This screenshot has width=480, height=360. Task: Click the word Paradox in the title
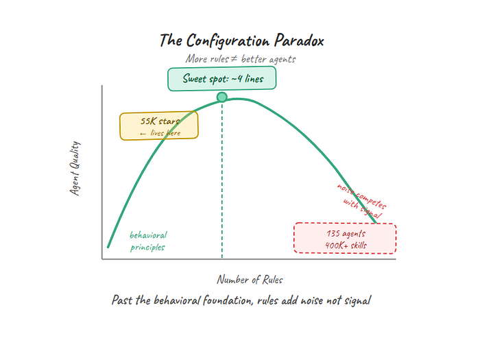tap(299, 40)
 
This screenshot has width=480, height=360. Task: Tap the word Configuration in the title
tap(228, 41)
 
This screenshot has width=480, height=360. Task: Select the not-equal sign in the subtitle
tap(234, 58)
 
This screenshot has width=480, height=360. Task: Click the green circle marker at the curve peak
tap(222, 97)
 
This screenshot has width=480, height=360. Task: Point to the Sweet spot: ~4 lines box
tap(222, 79)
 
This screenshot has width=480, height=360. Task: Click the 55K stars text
tap(160, 121)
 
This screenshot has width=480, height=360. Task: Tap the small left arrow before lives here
tap(143, 134)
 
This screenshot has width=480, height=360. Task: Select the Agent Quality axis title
tap(75, 168)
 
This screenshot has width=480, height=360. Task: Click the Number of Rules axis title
tap(250, 280)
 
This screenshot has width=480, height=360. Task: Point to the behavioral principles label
tap(148, 241)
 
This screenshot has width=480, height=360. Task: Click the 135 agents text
tap(346, 234)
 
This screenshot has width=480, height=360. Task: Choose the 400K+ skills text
tap(346, 245)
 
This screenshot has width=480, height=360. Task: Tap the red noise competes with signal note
tap(362, 200)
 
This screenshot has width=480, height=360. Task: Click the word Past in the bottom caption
tap(123, 300)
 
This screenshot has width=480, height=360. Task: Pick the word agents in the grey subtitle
tap(283, 60)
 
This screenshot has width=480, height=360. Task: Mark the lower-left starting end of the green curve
tap(108, 247)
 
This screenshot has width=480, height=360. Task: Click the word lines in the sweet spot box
tap(254, 79)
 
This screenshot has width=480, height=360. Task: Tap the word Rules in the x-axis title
tap(273, 280)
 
